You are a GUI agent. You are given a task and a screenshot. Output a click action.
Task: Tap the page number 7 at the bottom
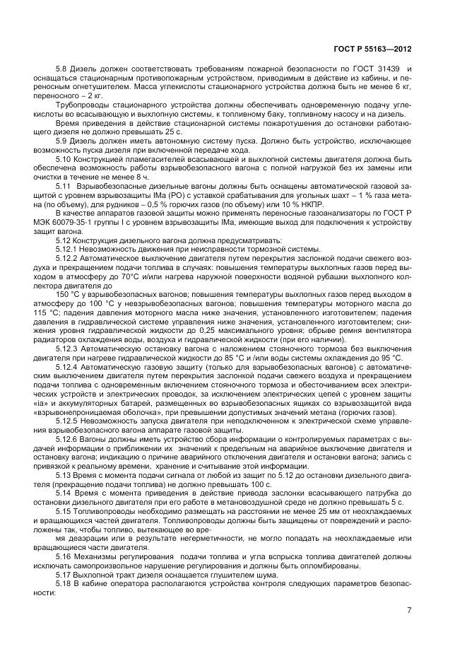pos(409,611)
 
